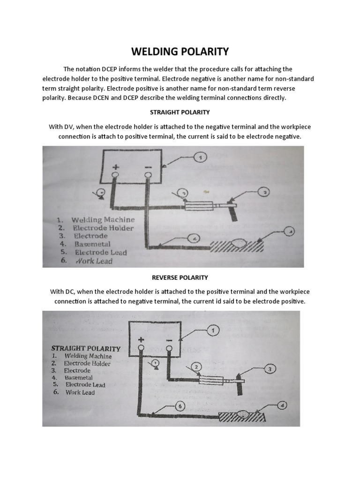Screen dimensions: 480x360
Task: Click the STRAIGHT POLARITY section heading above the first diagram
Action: tap(180, 112)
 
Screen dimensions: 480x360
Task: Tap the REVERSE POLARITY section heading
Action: tap(180, 277)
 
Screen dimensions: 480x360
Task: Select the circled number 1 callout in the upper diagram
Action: tap(201, 158)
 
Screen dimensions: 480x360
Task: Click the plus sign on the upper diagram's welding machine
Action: tap(116, 167)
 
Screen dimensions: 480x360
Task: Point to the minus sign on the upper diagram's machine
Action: tap(149, 167)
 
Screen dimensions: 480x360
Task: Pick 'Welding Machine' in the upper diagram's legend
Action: tap(103, 219)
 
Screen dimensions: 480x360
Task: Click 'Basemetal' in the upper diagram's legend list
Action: tap(92, 244)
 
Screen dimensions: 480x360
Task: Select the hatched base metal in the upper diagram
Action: tap(237, 246)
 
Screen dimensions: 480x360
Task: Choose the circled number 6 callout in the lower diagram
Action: tap(181, 406)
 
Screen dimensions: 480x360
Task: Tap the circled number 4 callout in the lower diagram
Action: tap(283, 404)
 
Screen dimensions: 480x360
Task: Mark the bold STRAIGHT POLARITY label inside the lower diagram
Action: tap(86, 348)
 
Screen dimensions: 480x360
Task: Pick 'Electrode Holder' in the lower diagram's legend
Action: tap(87, 363)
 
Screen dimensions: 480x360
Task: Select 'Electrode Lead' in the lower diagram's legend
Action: tap(85, 385)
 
